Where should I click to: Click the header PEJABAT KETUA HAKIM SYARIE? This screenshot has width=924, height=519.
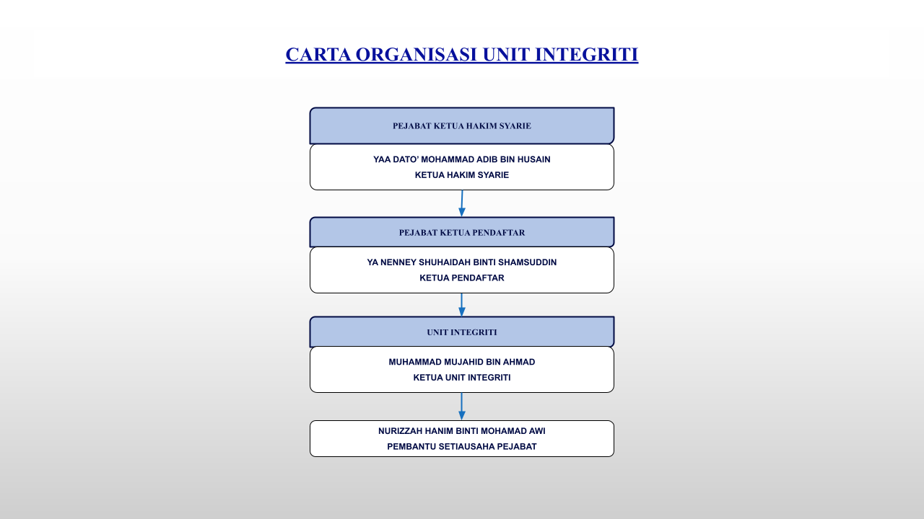coord(462,126)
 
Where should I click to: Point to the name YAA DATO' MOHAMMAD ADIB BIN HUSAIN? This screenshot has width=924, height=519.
coord(462,159)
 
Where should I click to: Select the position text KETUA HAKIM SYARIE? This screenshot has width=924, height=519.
coord(462,175)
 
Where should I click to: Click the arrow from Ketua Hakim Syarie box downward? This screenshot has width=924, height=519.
coord(462,203)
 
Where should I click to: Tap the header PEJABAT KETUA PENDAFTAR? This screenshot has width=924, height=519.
coord(462,233)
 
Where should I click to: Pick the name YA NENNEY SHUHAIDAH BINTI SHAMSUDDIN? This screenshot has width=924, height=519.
coord(462,262)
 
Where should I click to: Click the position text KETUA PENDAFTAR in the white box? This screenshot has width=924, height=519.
coord(462,278)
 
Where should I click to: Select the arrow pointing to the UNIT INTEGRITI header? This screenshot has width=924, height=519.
coord(462,305)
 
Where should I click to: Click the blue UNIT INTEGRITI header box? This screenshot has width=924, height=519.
coord(462,332)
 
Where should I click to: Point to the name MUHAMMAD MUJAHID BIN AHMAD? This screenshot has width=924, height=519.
coord(462,362)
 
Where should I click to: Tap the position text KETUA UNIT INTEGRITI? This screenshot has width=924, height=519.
coord(462,378)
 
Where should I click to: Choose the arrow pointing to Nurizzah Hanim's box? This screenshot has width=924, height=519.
coord(462,407)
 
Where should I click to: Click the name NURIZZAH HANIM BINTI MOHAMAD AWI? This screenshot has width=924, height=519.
coord(462,431)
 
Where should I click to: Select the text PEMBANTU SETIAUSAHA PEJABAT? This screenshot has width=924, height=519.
coord(462,447)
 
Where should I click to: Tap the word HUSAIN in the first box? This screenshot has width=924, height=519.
coord(534,159)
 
